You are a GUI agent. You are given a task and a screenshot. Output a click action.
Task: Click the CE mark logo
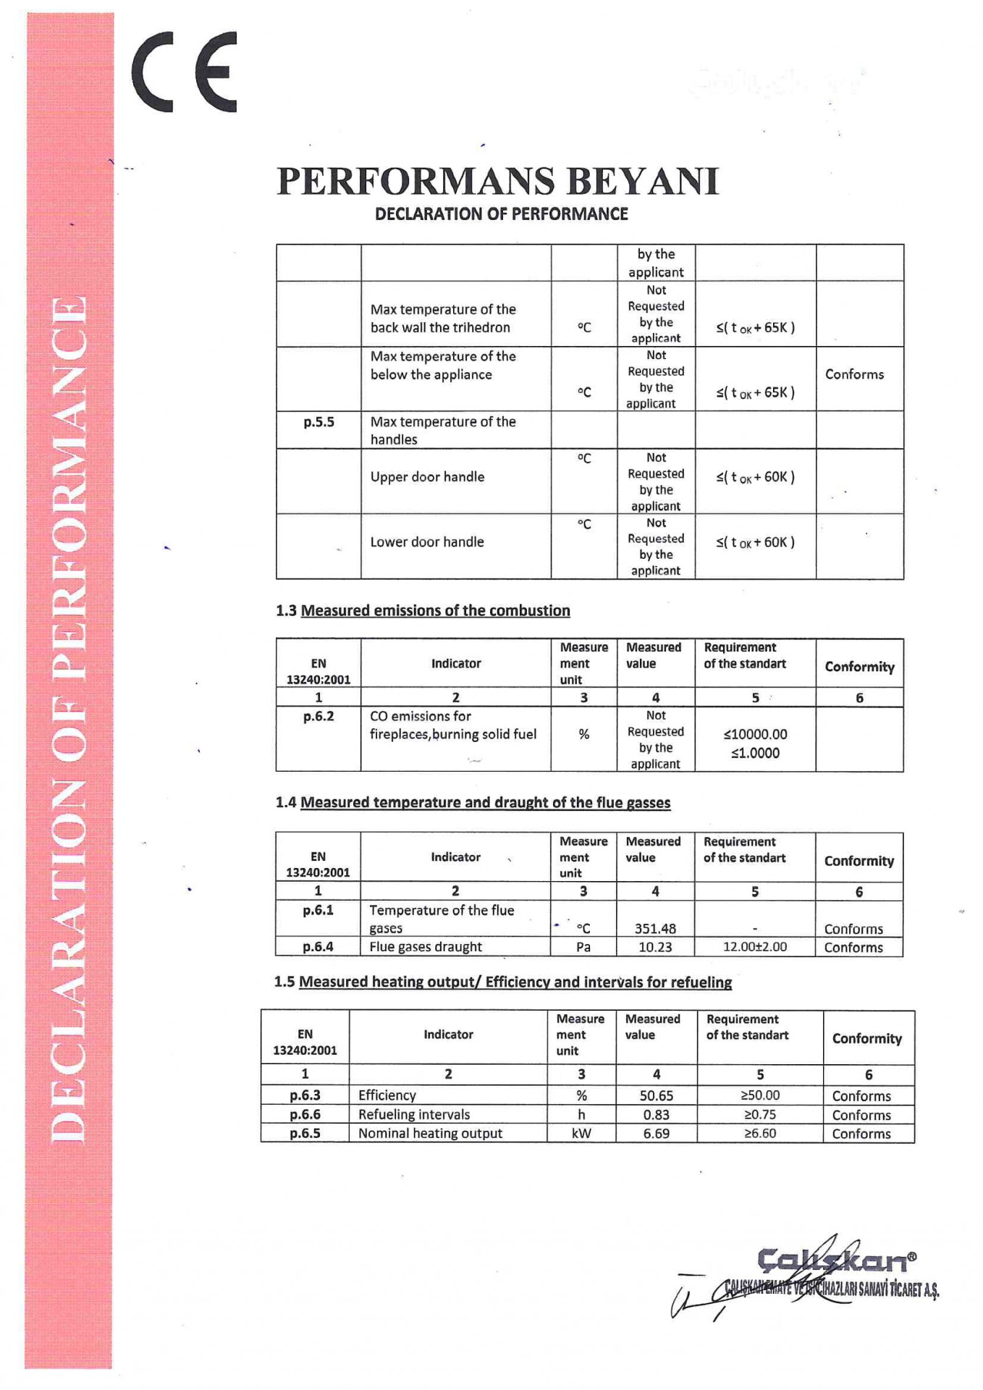[x=185, y=72]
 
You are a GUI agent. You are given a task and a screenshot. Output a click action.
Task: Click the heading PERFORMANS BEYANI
[x=498, y=181]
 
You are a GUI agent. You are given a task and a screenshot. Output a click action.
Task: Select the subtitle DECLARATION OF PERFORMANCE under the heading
[x=501, y=214]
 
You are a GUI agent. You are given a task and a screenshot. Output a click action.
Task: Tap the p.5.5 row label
[x=318, y=422]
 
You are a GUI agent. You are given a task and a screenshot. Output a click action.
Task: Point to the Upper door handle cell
[x=427, y=477]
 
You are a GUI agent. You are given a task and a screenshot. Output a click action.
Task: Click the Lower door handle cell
[x=427, y=542]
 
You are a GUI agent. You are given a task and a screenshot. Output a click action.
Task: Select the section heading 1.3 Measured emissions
[x=423, y=611]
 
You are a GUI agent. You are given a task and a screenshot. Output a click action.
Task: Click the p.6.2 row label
[x=318, y=717]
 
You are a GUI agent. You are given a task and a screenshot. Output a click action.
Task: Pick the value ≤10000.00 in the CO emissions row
[x=755, y=735]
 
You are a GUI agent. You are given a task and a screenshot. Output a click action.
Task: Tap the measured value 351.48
[x=655, y=929]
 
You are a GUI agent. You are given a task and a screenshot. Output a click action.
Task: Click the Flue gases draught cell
[x=426, y=947]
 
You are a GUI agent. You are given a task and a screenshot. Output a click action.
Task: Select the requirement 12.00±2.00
[x=755, y=947]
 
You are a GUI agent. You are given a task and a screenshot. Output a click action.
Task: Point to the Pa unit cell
[x=583, y=947]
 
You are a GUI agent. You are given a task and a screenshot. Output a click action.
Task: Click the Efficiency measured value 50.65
[x=657, y=1096]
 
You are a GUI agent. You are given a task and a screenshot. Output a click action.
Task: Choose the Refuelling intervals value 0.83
[x=657, y=1115]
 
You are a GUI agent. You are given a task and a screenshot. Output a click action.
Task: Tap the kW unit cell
[x=581, y=1134]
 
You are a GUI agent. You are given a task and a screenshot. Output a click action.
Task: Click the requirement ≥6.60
[x=760, y=1134]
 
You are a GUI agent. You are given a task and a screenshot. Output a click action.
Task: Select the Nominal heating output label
[x=430, y=1134]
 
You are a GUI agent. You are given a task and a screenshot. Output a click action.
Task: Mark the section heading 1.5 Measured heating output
[x=503, y=982]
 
